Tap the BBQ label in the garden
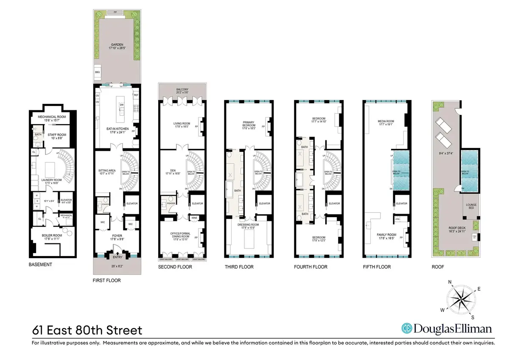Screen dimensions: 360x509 [96, 73]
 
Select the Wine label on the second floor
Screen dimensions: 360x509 [194, 218]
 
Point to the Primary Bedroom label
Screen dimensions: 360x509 [249, 125]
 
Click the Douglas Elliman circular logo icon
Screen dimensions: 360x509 [407, 329]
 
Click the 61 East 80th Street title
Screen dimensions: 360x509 [87, 330]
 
